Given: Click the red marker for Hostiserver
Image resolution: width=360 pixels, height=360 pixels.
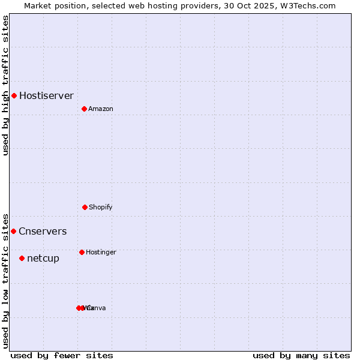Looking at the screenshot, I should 14,95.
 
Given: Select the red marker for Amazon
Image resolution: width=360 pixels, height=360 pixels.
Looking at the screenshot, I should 84,109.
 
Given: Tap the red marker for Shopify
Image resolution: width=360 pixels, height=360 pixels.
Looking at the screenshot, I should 85,207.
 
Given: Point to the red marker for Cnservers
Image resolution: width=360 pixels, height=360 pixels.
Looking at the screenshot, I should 13,231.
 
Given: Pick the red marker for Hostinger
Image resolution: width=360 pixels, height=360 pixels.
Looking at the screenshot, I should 82,252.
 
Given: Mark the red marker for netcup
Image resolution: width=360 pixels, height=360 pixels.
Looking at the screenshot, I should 22,258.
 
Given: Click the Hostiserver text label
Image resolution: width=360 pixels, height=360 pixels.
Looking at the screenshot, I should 46,95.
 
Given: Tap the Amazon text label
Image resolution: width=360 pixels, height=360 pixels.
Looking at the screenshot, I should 101,109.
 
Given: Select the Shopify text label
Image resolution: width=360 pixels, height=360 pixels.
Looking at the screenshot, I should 101,207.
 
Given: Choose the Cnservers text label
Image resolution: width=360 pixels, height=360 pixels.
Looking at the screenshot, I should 43,231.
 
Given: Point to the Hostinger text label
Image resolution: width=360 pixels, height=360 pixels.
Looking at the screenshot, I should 101,252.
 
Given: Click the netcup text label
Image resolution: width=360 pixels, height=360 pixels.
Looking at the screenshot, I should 43,258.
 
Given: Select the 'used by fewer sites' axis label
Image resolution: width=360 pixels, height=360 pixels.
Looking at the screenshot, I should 62,355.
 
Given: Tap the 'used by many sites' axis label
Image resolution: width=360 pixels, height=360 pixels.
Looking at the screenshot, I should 301,355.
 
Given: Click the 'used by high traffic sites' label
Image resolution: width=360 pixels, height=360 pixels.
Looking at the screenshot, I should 5,85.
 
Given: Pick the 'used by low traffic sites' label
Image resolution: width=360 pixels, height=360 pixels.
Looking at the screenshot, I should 5,280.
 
